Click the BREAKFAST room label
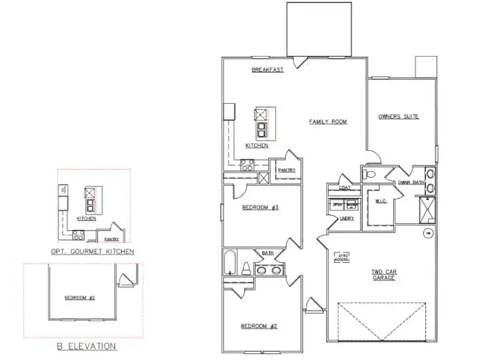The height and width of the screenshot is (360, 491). (x=267, y=69)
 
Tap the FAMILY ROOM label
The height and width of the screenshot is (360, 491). (x=328, y=121)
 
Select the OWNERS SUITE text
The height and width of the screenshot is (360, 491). (x=398, y=117)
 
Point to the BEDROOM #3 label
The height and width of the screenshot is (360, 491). (x=260, y=207)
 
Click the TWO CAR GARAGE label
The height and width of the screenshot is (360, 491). (x=383, y=274)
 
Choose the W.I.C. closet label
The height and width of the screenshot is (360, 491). (x=380, y=200)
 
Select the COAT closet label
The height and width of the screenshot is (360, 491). (x=345, y=177)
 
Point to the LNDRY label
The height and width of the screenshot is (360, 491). (x=346, y=218)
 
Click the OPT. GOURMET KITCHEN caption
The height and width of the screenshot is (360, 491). (x=93, y=252)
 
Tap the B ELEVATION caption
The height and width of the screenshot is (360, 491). (x=87, y=346)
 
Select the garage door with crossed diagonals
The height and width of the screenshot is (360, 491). (x=383, y=322)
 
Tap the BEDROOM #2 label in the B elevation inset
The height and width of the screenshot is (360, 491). (x=79, y=298)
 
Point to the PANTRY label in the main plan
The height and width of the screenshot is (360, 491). (x=286, y=170)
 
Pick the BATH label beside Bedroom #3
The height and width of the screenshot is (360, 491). (x=268, y=253)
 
